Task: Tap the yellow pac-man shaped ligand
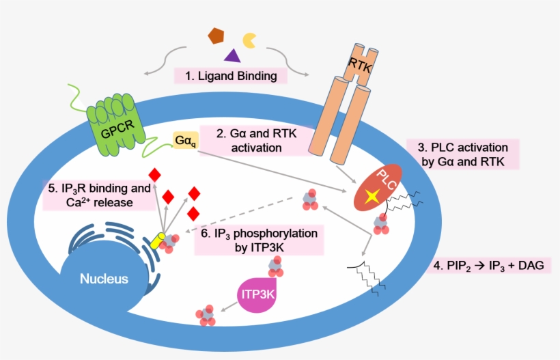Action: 251,39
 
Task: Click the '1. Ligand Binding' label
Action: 231,76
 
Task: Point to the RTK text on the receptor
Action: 362,64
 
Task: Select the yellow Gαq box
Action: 184,141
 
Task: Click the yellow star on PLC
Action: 372,197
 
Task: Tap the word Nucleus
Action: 104,279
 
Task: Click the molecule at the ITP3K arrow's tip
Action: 207,316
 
